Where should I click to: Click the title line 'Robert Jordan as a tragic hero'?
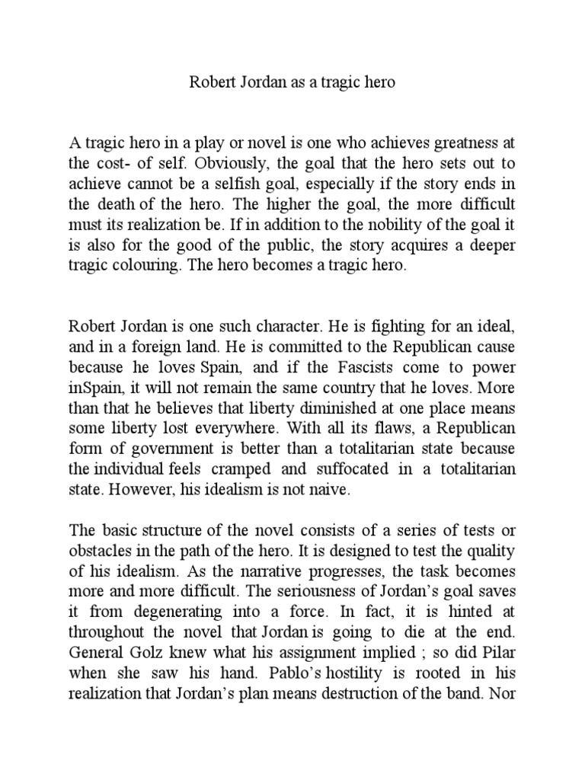coord(292,82)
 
